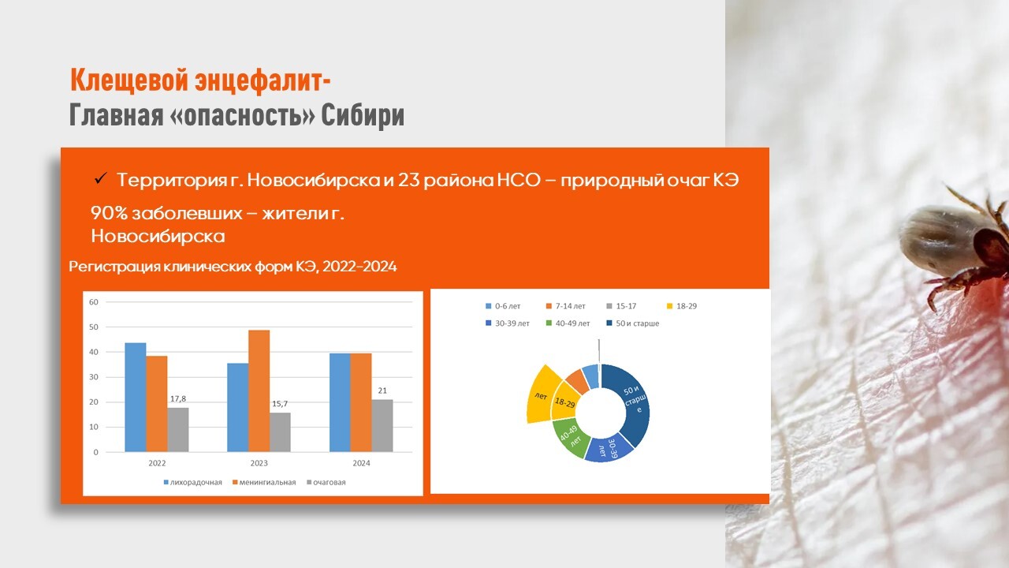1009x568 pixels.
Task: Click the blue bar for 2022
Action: click(x=135, y=397)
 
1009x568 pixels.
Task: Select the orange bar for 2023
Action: click(x=259, y=390)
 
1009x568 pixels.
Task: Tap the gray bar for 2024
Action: click(x=382, y=425)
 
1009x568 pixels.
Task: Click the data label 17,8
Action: click(x=178, y=399)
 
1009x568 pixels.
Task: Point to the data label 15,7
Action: click(x=280, y=404)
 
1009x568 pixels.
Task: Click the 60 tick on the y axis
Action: click(x=94, y=302)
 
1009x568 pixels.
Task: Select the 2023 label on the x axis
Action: click(x=259, y=463)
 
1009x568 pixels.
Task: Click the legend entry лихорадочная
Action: click(x=193, y=482)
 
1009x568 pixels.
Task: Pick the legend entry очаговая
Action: click(x=326, y=482)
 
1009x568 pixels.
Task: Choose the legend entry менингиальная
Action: click(x=264, y=482)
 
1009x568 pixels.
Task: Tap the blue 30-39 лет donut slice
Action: click(x=609, y=450)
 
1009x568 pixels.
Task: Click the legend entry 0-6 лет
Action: click(x=503, y=306)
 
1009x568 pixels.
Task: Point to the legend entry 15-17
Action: click(x=622, y=306)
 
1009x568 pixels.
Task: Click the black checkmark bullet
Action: click(x=100, y=178)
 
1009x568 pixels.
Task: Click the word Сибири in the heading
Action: click(x=363, y=115)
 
